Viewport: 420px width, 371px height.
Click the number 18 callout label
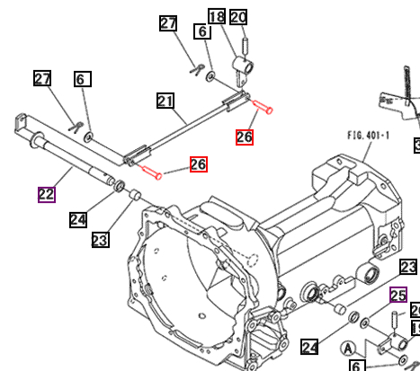216,16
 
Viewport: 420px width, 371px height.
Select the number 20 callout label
238,16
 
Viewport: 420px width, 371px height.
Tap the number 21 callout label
165,101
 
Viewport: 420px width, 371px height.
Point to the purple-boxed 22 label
46,194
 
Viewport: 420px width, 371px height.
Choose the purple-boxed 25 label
398,294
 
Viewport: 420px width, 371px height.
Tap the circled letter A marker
349,349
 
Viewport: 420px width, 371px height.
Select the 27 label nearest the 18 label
168,23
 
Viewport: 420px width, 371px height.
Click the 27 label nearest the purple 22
43,79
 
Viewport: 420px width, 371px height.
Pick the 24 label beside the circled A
309,347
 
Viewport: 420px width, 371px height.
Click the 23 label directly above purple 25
409,267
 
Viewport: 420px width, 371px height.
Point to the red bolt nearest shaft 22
151,172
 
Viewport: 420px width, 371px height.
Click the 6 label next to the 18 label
202,31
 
